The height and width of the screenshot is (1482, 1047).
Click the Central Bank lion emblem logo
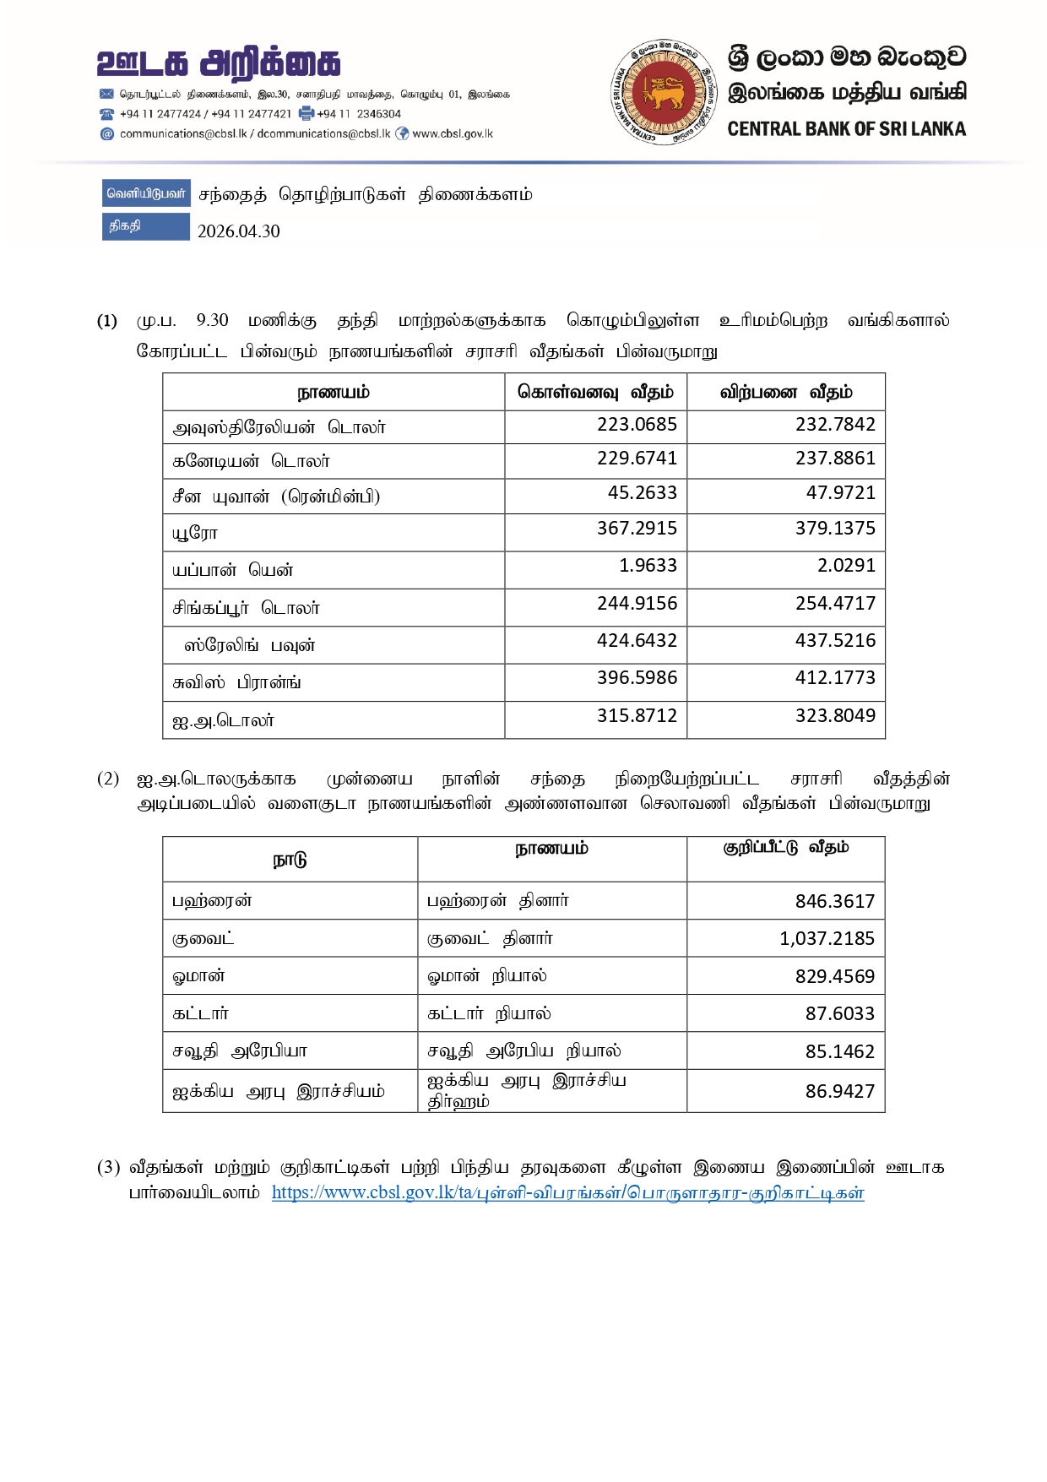[658, 91]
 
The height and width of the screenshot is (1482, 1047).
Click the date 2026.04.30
[238, 231]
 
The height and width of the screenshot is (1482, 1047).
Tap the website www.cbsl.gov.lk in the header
[453, 133]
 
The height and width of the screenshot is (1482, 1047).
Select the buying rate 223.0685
[637, 424]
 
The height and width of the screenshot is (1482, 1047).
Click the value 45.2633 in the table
[642, 492]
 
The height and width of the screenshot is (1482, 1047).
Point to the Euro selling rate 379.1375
[835, 528]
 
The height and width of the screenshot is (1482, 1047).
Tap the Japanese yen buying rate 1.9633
[648, 565]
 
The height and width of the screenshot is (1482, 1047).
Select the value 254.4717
[835, 603]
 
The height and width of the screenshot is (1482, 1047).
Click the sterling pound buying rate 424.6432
[637, 640]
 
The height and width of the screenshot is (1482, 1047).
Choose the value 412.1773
[835, 677]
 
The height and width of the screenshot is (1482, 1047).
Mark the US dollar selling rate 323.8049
[835, 715]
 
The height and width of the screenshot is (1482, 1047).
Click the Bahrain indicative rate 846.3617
[834, 901]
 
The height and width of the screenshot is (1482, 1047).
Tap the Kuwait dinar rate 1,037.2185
[827, 938]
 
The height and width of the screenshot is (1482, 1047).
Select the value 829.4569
[834, 976]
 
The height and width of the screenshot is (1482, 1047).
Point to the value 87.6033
[839, 1013]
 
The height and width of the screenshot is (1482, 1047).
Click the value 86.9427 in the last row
[839, 1091]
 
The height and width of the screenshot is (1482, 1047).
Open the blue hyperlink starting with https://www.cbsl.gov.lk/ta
[567, 1192]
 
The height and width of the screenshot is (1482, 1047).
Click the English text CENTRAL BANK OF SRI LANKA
[846, 129]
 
